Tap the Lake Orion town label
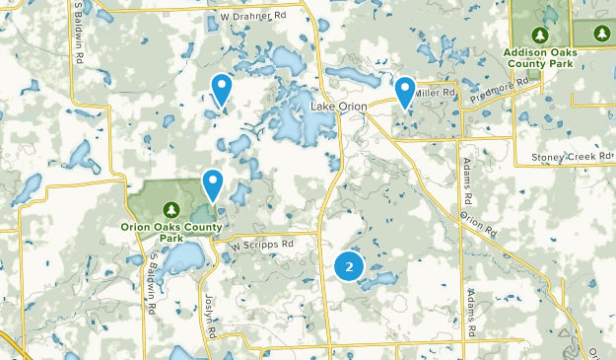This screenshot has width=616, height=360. coord(337,107)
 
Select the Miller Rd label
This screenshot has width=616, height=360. coord(435,93)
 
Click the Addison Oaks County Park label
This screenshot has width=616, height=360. coord(538,56)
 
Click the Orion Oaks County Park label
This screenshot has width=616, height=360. coord(171,232)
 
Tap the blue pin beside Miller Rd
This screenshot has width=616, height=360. coord(405,92)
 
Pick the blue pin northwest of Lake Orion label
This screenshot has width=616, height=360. coord(223,89)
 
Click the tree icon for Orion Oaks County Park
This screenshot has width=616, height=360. coord(171,209)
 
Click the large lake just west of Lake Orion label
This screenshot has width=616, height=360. coord(305,124)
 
